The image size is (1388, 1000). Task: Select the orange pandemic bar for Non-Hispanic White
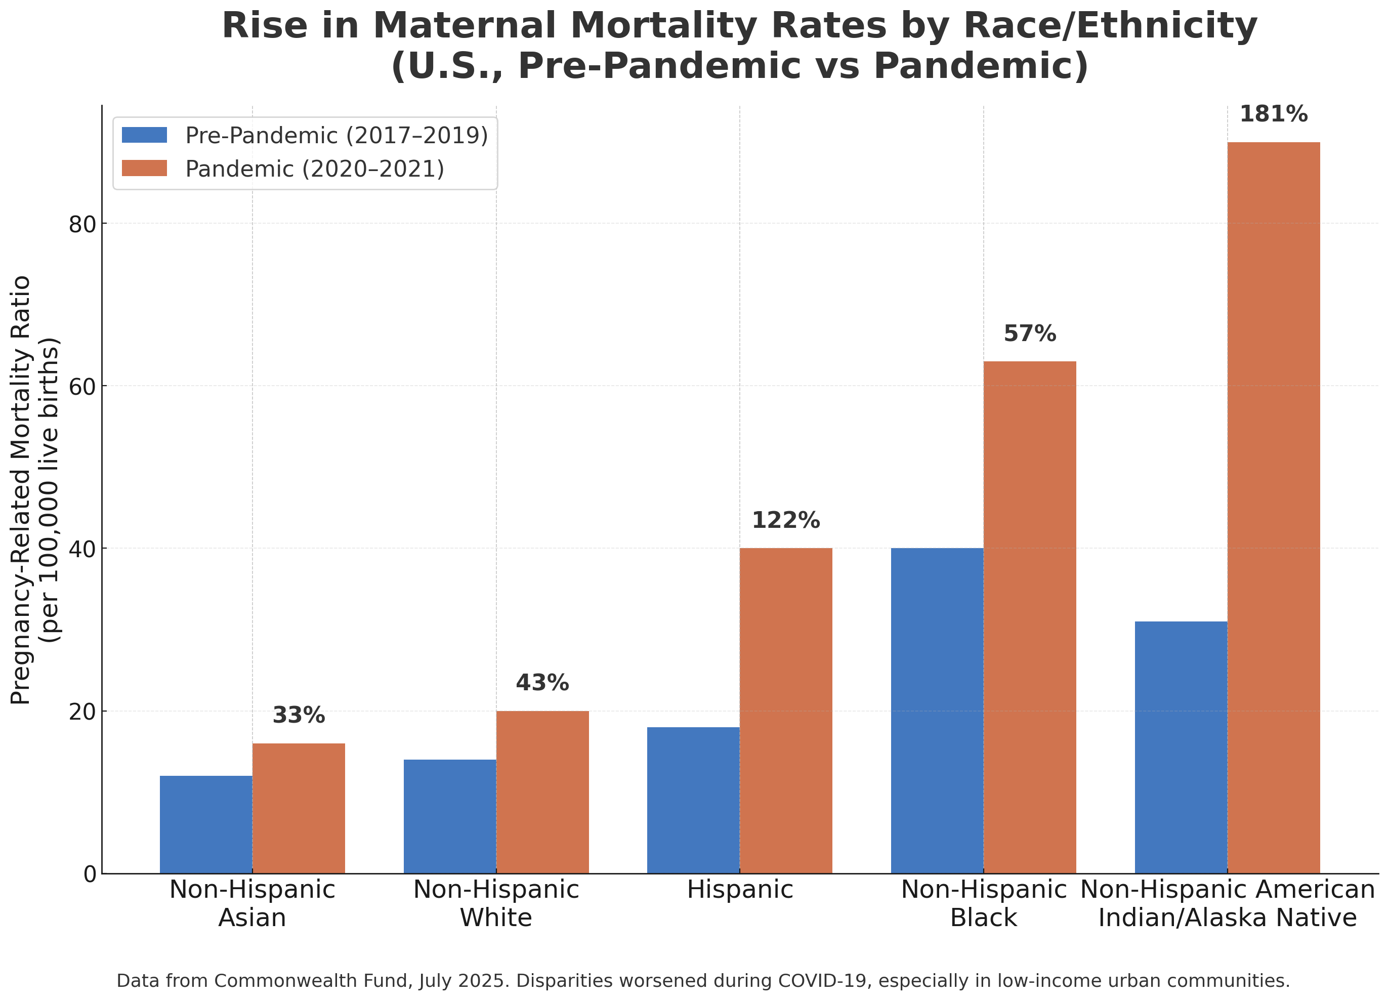click(x=542, y=792)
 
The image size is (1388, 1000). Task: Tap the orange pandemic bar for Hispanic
click(x=786, y=711)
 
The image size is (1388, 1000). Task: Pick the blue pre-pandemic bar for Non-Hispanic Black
click(x=937, y=711)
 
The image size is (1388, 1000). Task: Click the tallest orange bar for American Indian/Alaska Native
click(x=1274, y=508)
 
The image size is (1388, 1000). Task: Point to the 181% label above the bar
click(x=1274, y=114)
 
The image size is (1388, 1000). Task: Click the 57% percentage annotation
click(x=1030, y=334)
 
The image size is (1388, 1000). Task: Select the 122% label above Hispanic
click(x=786, y=521)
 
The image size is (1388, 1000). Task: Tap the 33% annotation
click(x=299, y=716)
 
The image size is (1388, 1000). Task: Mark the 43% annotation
click(x=542, y=683)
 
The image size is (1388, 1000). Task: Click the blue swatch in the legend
click(x=144, y=135)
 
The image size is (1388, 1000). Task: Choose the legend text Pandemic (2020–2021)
click(x=315, y=169)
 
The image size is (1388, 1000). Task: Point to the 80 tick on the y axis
click(x=82, y=225)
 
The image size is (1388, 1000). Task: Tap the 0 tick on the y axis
click(x=90, y=874)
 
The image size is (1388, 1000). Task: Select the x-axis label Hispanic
click(x=740, y=890)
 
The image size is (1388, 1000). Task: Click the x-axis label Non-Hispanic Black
click(x=984, y=904)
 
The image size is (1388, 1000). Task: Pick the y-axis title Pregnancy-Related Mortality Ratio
click(x=21, y=489)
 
